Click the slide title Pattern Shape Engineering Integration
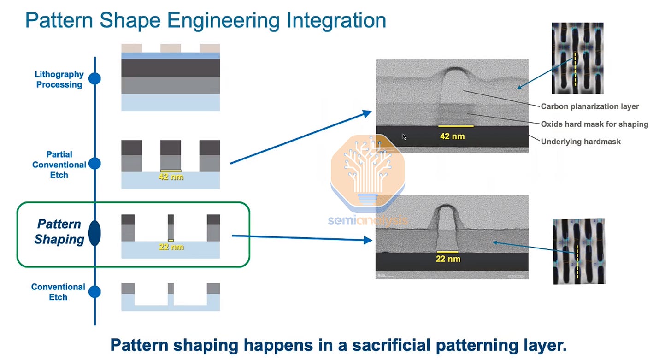click(x=206, y=21)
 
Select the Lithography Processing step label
click(x=59, y=79)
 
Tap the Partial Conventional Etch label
click(x=59, y=165)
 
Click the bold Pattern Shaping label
click(x=59, y=232)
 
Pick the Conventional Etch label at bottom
click(x=58, y=292)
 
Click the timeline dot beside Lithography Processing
click(x=94, y=78)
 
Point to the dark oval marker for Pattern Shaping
click(x=94, y=233)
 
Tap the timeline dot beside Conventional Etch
click(x=94, y=292)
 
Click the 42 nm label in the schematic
click(x=171, y=177)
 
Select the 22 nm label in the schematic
click(x=171, y=247)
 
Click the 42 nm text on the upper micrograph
click(x=453, y=136)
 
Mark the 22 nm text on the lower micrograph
click(x=447, y=259)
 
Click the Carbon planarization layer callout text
click(x=589, y=106)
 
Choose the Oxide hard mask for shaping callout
click(x=594, y=124)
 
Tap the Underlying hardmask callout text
click(x=581, y=142)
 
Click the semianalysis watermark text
click(x=367, y=220)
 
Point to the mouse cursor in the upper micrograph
click(x=404, y=136)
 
